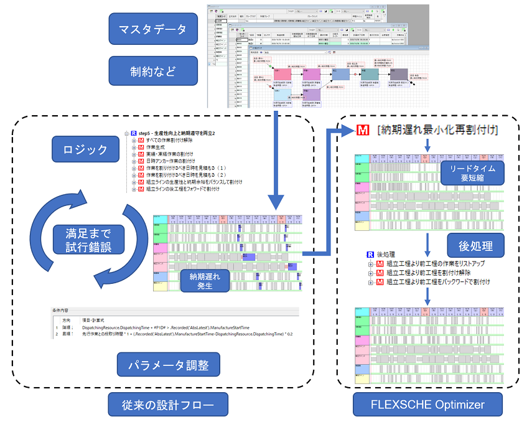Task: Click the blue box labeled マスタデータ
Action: (153, 29)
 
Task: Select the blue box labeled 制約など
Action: (153, 70)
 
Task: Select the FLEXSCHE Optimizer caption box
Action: (427, 405)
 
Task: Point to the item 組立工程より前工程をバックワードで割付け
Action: (439, 282)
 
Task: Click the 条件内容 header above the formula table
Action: (62, 309)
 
